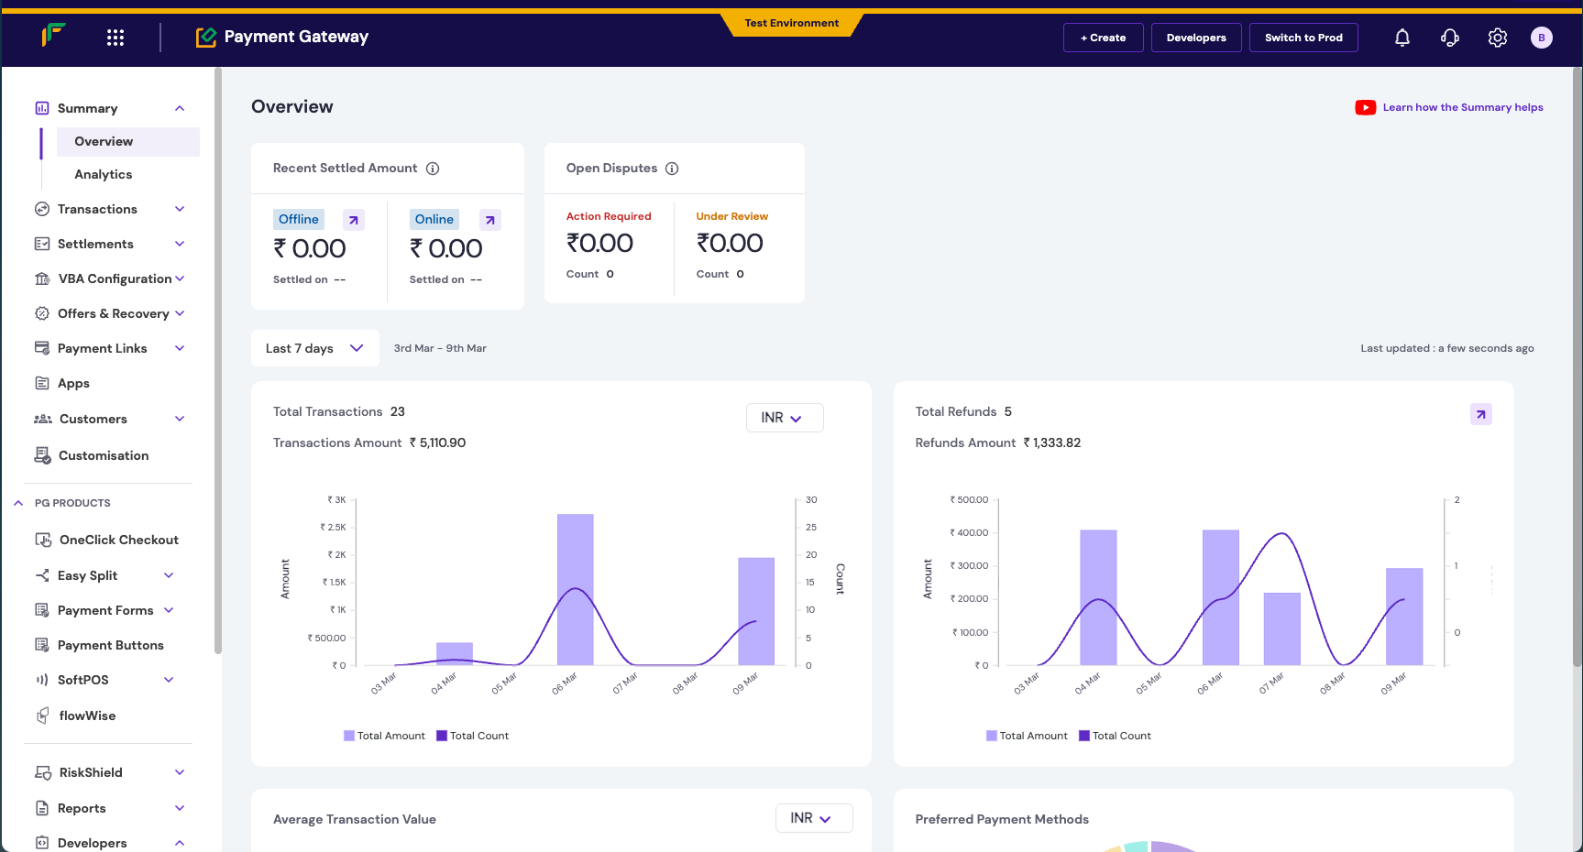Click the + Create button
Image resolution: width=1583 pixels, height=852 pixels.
(x=1103, y=38)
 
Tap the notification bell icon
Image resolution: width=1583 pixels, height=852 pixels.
(x=1402, y=38)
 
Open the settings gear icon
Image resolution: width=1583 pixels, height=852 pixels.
(x=1497, y=38)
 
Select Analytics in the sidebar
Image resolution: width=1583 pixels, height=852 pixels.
(x=104, y=174)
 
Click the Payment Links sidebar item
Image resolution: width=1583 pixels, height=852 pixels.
(x=102, y=348)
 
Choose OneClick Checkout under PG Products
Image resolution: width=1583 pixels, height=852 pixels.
(x=118, y=540)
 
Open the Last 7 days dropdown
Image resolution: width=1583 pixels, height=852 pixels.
(x=314, y=348)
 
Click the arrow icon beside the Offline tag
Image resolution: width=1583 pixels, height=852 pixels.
(x=354, y=220)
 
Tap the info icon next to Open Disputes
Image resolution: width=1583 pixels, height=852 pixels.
(x=672, y=169)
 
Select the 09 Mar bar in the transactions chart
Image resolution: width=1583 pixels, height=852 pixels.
(x=756, y=611)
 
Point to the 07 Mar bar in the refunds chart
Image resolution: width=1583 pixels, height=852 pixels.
(x=1281, y=628)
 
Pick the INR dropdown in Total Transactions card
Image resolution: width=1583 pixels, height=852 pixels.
(x=784, y=418)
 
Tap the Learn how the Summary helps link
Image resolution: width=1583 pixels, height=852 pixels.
(x=1462, y=107)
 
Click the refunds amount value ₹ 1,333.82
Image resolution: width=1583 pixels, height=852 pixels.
(x=1052, y=442)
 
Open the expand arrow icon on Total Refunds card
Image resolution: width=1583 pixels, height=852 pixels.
(x=1480, y=414)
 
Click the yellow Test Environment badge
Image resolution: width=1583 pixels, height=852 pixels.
(x=791, y=23)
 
